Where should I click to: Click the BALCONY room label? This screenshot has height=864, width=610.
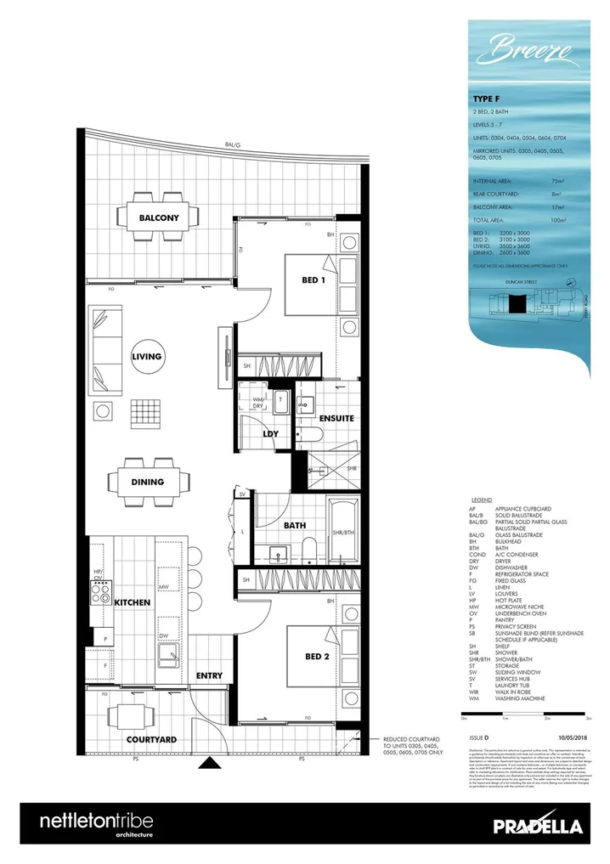(159, 217)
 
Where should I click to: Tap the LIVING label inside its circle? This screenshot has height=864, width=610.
(146, 357)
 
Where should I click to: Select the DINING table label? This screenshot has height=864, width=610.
(147, 482)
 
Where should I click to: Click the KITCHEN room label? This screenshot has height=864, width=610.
(133, 601)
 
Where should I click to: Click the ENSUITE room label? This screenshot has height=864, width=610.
(336, 418)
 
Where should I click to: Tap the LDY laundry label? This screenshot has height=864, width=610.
(271, 433)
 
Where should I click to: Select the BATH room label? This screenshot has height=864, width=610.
(295, 526)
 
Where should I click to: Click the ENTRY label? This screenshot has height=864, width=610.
(209, 675)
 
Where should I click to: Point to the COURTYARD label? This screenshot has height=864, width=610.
(150, 740)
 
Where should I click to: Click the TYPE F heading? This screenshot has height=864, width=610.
(485, 99)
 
